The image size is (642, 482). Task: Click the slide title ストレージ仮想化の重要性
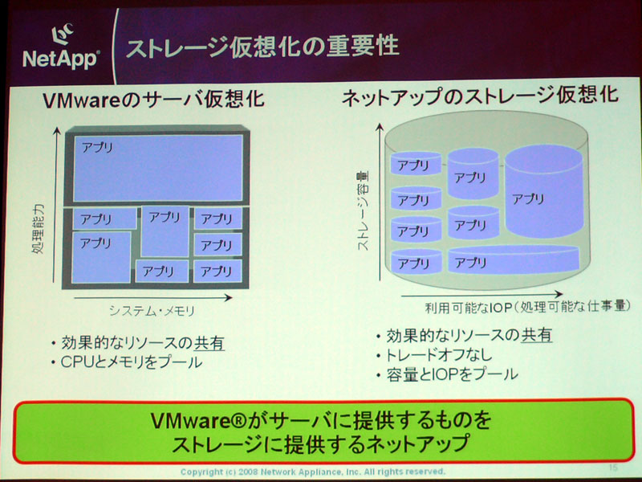(262, 46)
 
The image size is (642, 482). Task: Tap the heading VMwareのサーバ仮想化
(153, 100)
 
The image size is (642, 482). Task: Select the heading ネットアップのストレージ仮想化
(479, 96)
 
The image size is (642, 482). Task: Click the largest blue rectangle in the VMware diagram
(158, 168)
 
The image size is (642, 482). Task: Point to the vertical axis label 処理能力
(38, 229)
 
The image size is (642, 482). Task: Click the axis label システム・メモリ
(152, 311)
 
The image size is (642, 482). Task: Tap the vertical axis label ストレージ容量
(363, 210)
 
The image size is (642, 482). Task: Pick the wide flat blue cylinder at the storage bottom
(514, 259)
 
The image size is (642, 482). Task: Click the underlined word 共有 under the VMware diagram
(209, 343)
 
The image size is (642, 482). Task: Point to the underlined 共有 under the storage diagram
(537, 335)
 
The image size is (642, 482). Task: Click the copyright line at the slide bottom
(312, 472)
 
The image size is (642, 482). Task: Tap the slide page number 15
(613, 468)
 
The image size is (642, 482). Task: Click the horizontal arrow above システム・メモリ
(152, 298)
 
